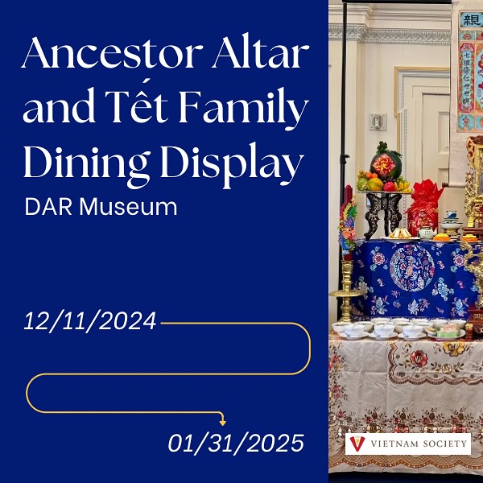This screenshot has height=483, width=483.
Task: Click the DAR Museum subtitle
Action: click(x=101, y=207)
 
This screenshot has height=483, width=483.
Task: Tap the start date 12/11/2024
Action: click(x=89, y=322)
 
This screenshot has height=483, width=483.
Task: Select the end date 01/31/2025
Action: click(x=237, y=442)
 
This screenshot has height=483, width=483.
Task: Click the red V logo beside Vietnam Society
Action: click(x=358, y=444)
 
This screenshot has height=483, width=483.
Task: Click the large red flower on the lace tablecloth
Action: click(x=419, y=357)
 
